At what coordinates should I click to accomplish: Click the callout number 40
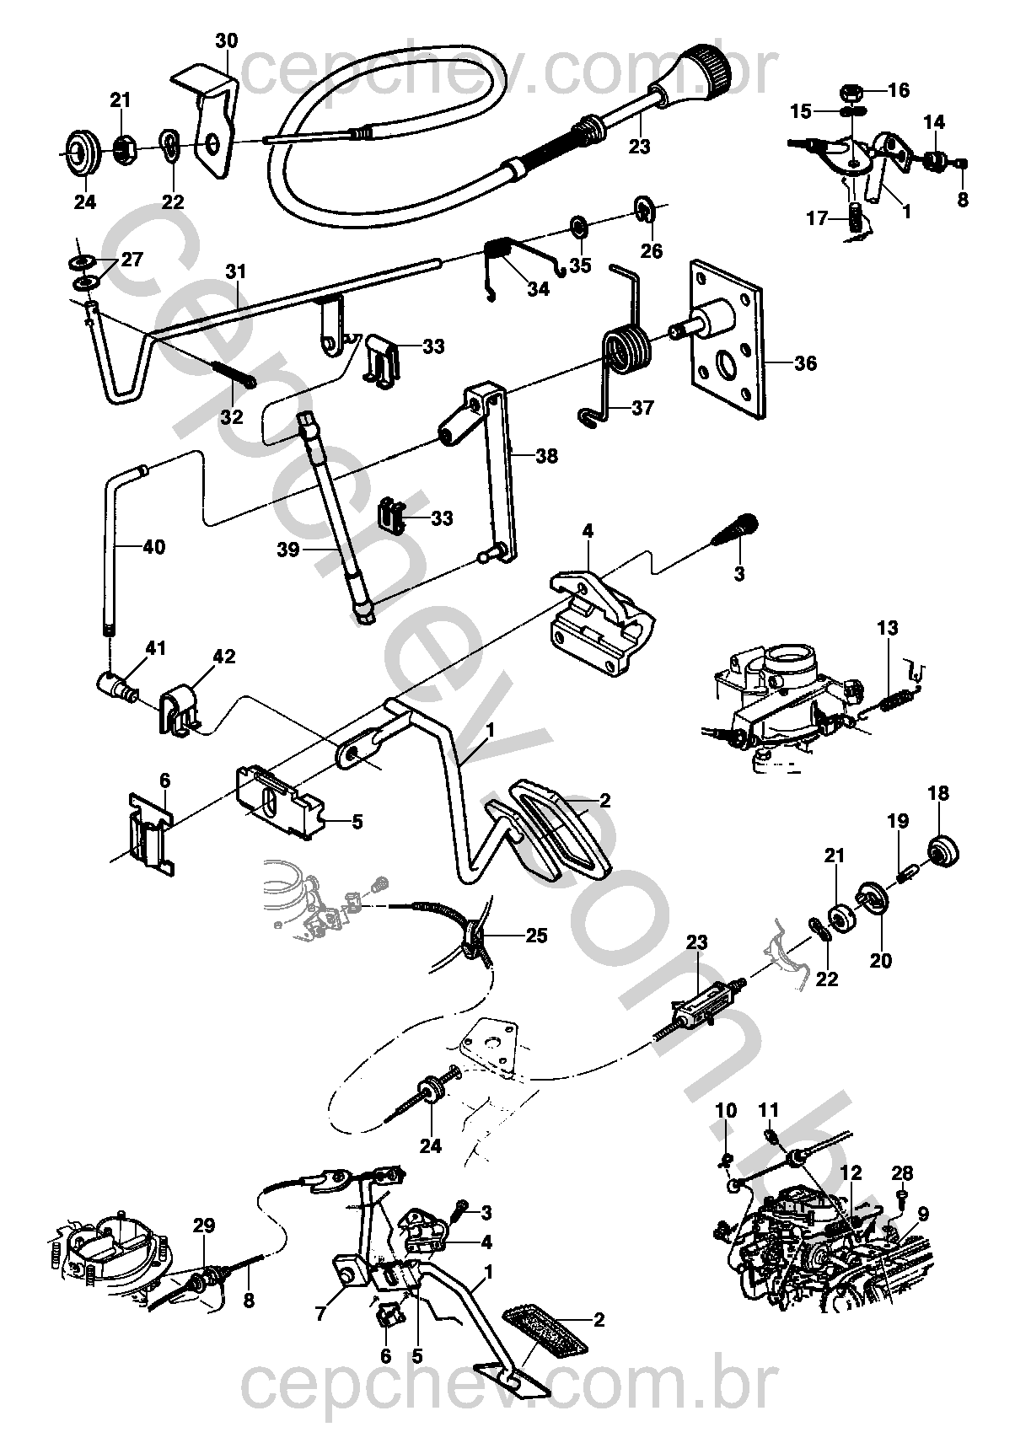coord(153,547)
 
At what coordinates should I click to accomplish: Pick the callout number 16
coord(899,90)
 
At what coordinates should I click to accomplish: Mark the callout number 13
coord(888,628)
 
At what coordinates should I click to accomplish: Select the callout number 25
coord(536,936)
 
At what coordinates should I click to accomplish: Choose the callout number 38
coord(546,456)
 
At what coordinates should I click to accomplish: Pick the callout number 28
coord(902,1172)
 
